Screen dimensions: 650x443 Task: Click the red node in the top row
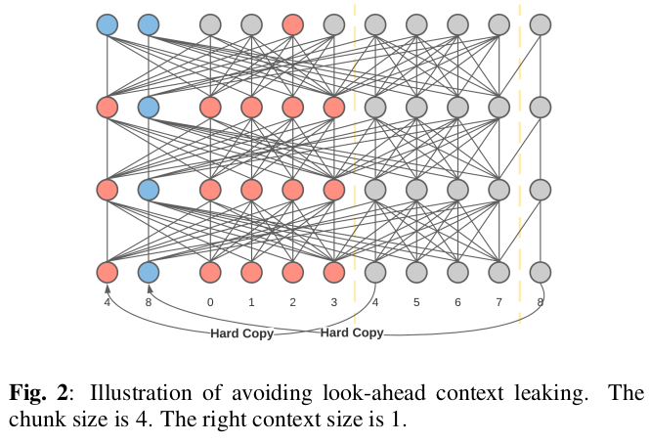tap(292, 24)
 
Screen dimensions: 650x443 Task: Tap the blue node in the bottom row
tap(149, 272)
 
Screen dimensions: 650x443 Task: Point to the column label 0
tap(210, 302)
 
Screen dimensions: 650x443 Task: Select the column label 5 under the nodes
tap(416, 302)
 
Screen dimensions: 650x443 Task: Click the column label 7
tap(498, 302)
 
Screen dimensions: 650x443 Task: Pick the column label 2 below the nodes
tap(292, 302)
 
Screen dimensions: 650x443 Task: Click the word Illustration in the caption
tap(141, 393)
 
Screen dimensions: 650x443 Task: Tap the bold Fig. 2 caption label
tap(38, 393)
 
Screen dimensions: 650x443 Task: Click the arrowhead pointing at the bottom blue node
tap(150, 288)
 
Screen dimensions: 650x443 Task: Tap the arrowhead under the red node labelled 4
tap(108, 288)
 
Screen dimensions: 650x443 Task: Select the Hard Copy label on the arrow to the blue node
tap(352, 332)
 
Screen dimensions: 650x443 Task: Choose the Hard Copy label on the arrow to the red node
tap(241, 333)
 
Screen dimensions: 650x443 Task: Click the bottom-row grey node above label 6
tap(457, 272)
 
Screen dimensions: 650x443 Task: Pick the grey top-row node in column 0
tap(210, 24)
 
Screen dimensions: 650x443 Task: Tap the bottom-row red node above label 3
tap(333, 272)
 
